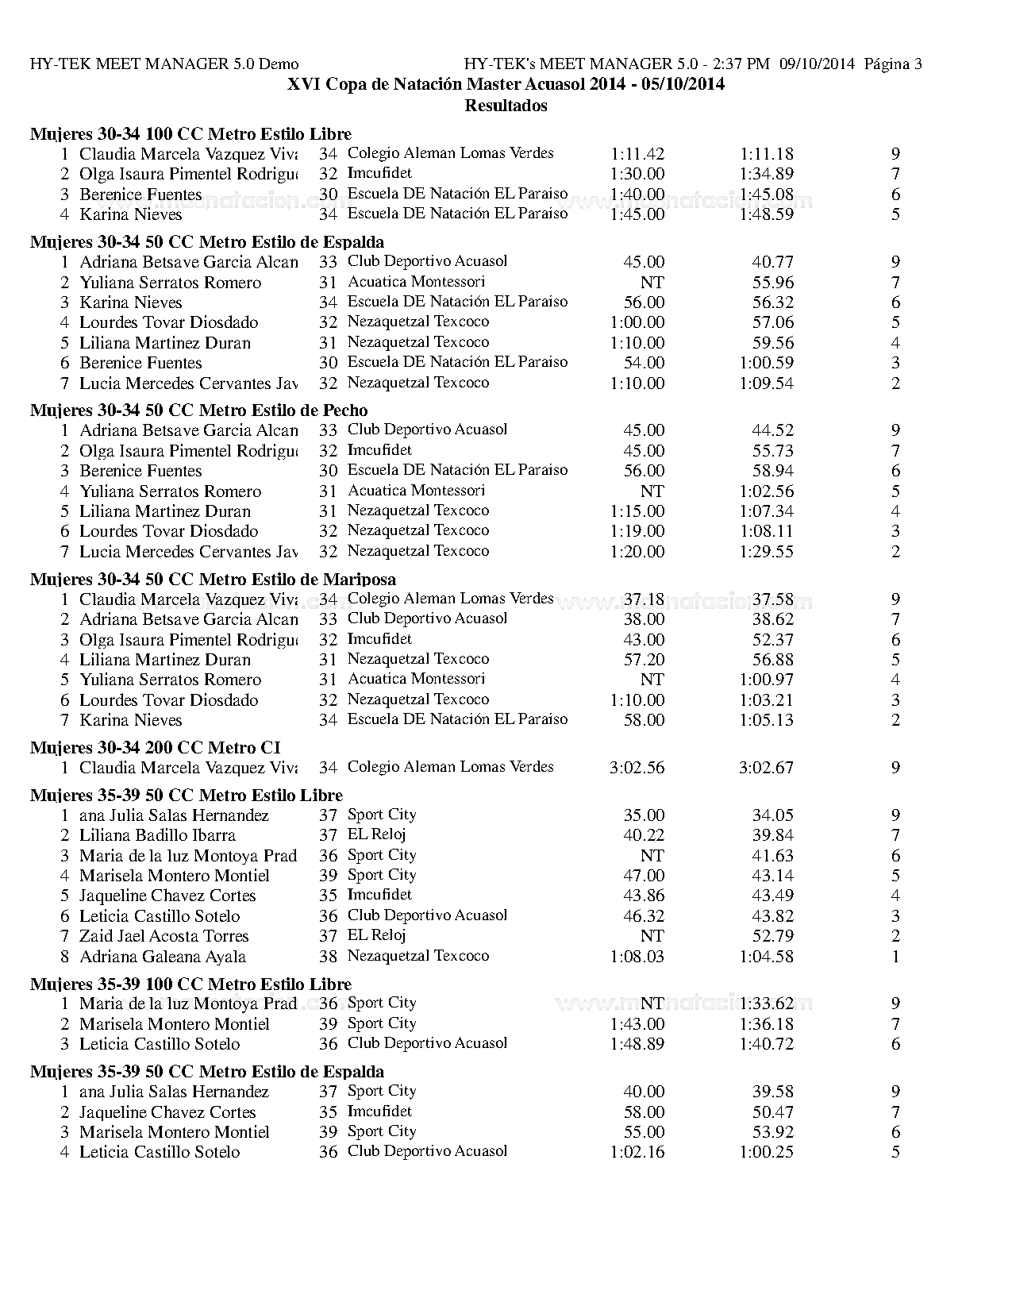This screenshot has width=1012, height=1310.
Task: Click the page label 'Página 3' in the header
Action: (893, 64)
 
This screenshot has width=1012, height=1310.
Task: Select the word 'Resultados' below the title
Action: (506, 105)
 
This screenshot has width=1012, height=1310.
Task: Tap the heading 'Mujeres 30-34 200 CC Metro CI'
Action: (156, 748)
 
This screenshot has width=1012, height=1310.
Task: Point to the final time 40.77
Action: (772, 262)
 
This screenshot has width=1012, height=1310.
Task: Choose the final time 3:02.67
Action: (766, 768)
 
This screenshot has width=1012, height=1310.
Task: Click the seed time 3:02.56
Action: (637, 768)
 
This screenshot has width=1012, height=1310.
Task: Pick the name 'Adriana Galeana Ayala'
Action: (163, 957)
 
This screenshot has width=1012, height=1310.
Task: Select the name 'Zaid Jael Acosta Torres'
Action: (164, 936)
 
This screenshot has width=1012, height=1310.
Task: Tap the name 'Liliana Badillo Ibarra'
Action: (157, 835)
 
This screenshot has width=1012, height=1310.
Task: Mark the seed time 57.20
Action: (644, 660)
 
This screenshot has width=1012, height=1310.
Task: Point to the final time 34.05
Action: (772, 815)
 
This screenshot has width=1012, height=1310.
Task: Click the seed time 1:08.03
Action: (637, 957)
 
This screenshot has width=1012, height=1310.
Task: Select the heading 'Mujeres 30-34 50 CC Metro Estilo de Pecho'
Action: (199, 410)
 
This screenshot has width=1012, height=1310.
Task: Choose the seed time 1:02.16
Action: (637, 1152)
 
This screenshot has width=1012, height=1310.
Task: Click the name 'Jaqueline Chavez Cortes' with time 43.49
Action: (167, 896)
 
